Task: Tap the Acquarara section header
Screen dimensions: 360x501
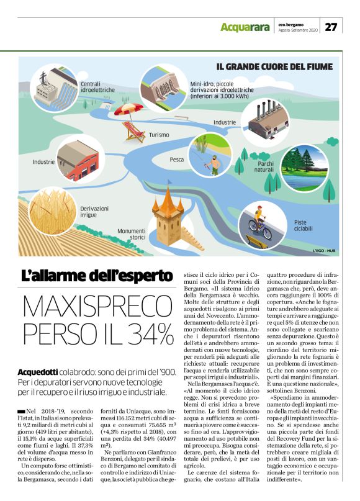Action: point(245,27)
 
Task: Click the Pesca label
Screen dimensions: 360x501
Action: point(177,160)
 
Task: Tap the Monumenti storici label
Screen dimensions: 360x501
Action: point(132,233)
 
